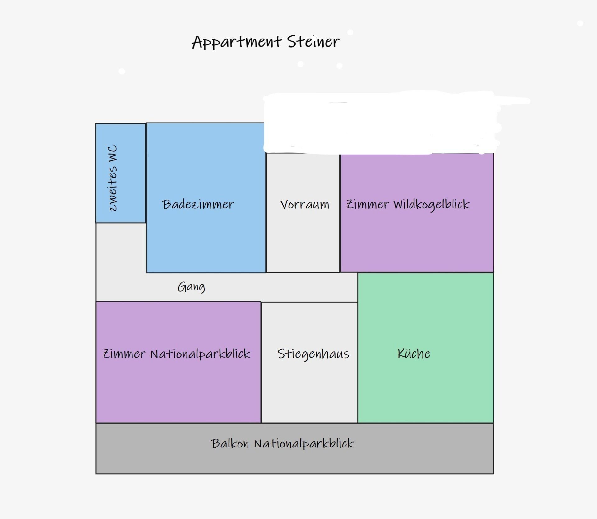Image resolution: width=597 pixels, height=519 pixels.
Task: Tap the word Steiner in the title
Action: [313, 42]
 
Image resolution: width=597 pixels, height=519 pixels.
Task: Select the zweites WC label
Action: [113, 178]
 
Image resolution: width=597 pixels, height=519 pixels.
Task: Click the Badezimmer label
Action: [197, 204]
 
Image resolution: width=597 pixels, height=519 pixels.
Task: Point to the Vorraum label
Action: [304, 205]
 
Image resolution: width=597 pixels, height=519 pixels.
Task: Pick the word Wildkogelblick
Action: [431, 205]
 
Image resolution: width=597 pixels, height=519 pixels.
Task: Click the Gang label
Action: [191, 287]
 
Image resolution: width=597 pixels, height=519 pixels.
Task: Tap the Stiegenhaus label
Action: [313, 354]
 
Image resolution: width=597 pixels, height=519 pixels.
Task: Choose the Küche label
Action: [414, 354]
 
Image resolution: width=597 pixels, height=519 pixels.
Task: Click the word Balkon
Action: [230, 444]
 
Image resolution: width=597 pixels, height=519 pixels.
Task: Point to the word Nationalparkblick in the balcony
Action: [304, 444]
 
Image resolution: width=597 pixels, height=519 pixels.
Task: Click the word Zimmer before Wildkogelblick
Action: [368, 205]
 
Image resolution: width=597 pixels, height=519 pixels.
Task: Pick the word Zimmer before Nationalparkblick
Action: [124, 354]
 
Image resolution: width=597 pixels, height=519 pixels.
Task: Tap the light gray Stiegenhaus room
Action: [309, 392]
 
